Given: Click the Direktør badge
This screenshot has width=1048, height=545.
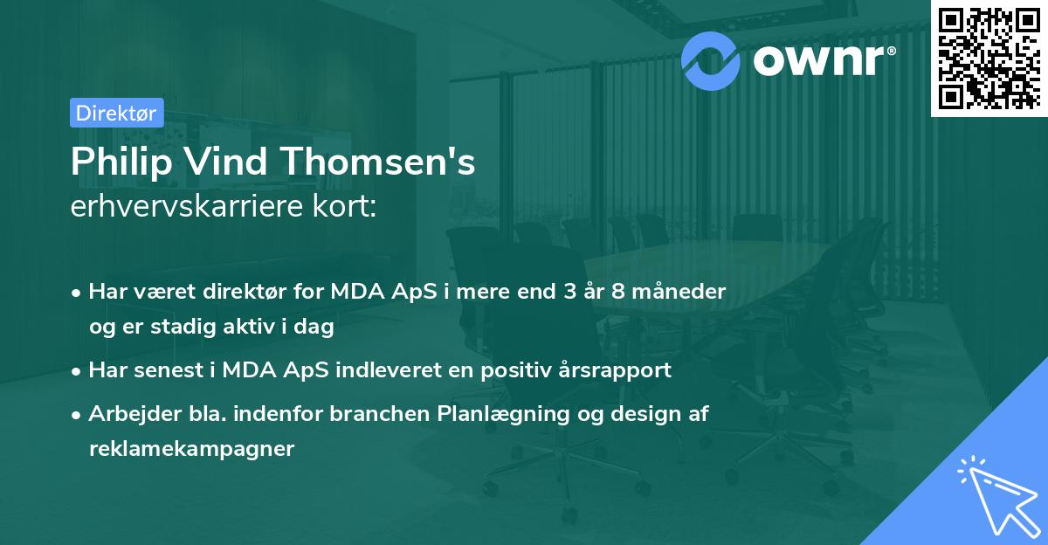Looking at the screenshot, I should [115, 113].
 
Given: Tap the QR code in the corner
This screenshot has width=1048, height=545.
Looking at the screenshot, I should [989, 58].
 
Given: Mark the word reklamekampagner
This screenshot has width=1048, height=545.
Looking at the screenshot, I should [191, 450].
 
